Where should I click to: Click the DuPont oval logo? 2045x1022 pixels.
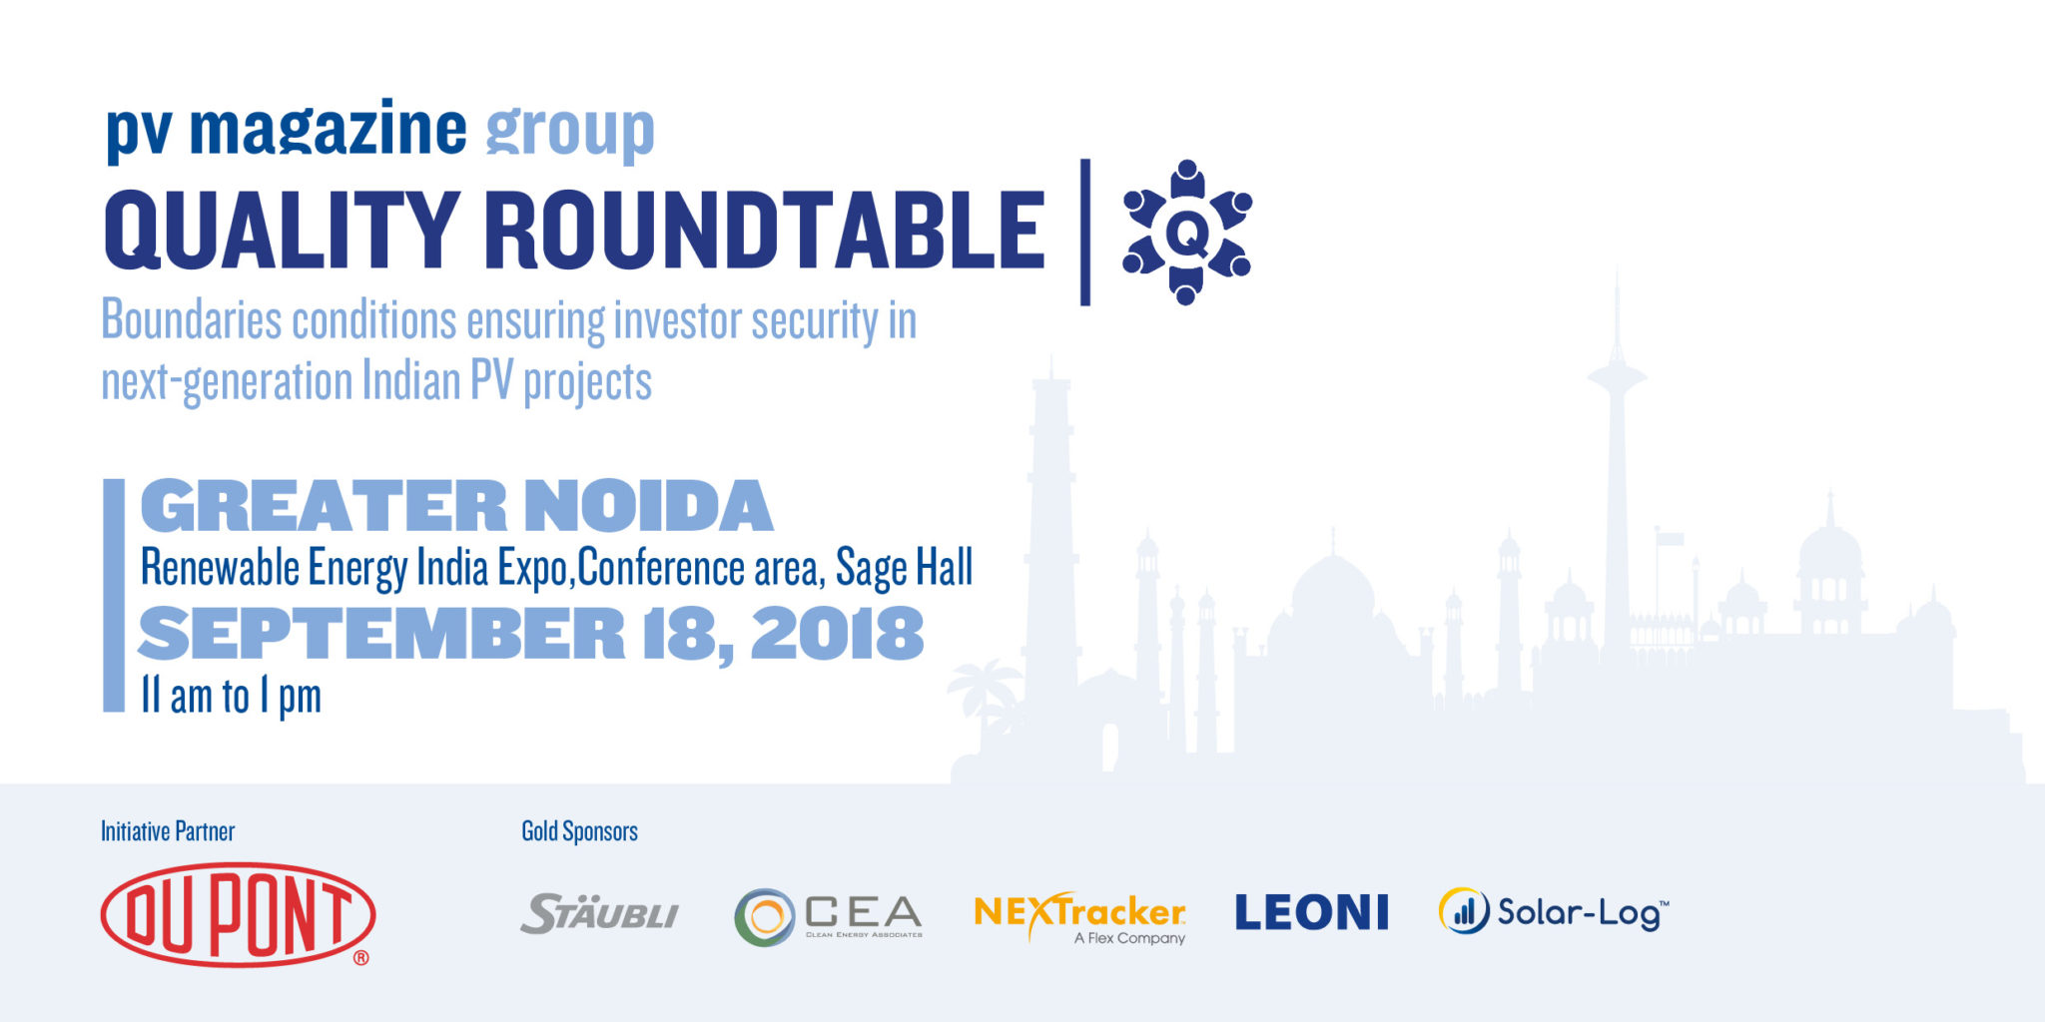(x=238, y=914)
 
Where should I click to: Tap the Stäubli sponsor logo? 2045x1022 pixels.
(x=599, y=913)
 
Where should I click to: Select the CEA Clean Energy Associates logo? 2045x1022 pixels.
(x=828, y=916)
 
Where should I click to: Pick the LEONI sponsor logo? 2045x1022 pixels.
(x=1311, y=912)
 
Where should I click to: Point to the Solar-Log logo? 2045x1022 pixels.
(x=1554, y=911)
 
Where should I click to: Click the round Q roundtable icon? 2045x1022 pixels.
(x=1187, y=232)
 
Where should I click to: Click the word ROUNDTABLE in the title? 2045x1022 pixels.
(x=765, y=230)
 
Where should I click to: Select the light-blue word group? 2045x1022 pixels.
(x=570, y=132)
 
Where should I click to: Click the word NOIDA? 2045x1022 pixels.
(x=649, y=506)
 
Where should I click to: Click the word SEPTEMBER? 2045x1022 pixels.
(x=381, y=633)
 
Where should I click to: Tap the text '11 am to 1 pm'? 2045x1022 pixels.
(x=231, y=697)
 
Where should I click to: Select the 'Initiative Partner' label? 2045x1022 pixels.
(x=168, y=831)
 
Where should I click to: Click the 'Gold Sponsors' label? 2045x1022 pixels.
(x=579, y=831)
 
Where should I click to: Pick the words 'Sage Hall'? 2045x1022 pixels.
(x=904, y=568)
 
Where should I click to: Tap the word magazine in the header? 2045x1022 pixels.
(x=328, y=129)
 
